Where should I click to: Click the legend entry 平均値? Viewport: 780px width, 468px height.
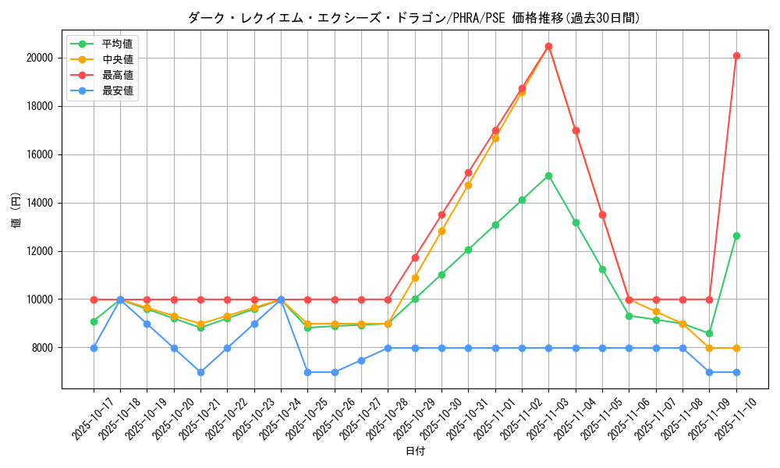(118, 44)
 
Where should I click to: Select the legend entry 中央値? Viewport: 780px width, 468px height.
(118, 59)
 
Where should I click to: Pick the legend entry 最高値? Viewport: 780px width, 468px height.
(118, 75)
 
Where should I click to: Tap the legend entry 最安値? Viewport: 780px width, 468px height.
(118, 90)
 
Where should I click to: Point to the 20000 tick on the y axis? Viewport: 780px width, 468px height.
(38, 58)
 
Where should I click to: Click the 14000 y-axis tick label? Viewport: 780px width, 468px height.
(38, 203)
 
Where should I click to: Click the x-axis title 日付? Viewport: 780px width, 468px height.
(415, 452)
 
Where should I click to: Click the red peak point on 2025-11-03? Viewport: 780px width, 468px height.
(548, 46)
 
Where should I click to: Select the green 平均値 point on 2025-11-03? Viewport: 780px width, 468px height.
(548, 175)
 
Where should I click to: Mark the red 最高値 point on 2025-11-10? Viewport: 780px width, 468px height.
(736, 55)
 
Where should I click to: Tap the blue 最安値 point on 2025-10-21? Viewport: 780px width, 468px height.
(200, 372)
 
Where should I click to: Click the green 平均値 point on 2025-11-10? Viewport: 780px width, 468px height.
(736, 236)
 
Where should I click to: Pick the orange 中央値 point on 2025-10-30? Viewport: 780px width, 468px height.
(441, 231)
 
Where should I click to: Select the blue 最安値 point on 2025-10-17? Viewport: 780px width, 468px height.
(94, 348)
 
